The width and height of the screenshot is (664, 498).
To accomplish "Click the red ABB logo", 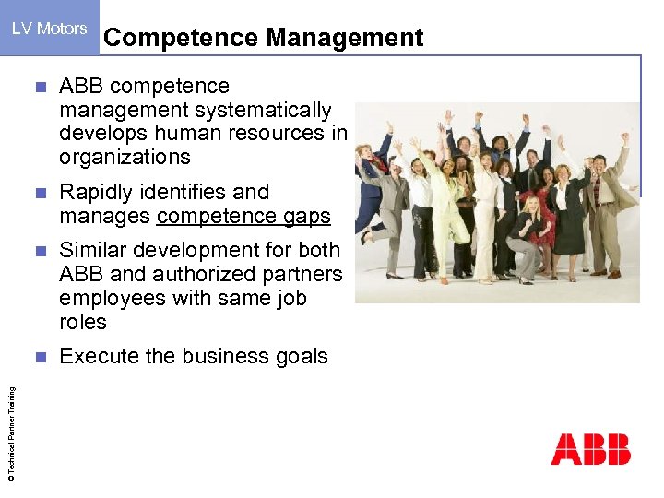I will pos(590,449).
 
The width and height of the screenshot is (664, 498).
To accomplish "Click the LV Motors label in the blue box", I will pos(49,29).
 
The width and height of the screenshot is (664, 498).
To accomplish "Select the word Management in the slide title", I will pos(345,38).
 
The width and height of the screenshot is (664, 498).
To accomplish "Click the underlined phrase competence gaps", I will pos(243,217).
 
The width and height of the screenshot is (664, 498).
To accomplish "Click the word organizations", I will pos(125,157).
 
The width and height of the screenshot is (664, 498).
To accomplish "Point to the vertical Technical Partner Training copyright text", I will pos(10,433).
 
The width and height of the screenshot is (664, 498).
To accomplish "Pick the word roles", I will pos(83,322).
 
